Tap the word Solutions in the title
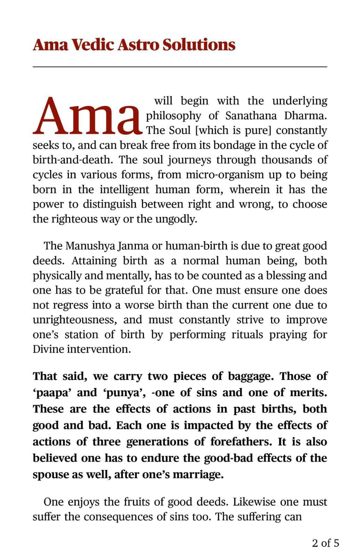[x=199, y=45]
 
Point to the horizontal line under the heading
[x=180, y=66]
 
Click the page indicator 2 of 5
[x=325, y=543]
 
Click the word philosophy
[x=173, y=116]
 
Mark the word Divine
[x=48, y=349]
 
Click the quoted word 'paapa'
[x=52, y=393]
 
